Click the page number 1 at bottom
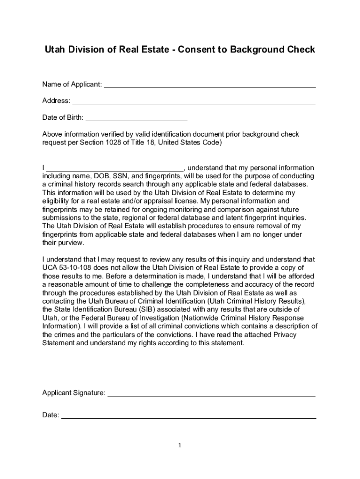point(180,446)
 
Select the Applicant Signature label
point(74,393)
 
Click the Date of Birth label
point(63,117)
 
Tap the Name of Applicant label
point(72,85)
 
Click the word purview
point(71,243)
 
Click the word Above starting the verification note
point(52,135)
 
